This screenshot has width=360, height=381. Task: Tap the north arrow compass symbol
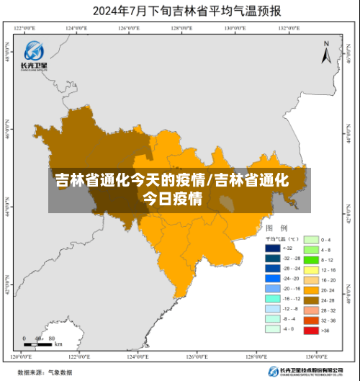(x=325, y=53)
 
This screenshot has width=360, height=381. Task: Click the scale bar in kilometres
(x=42, y=341)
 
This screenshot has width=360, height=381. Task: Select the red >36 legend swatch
(x=310, y=331)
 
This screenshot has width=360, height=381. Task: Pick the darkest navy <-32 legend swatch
(x=273, y=247)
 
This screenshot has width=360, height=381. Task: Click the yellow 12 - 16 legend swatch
(x=310, y=269)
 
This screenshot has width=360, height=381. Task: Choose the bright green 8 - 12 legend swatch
(x=310, y=259)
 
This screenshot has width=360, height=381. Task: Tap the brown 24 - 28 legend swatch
(x=310, y=299)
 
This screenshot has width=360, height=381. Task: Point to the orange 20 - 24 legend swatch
(x=310, y=289)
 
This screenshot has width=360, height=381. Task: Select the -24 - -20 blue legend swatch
(x=273, y=278)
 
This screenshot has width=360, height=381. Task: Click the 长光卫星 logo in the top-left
(x=34, y=55)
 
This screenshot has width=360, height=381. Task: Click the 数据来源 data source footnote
(x=45, y=372)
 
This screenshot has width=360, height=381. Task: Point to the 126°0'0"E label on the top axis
(x=128, y=28)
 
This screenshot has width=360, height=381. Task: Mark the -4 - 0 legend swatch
(x=273, y=328)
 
